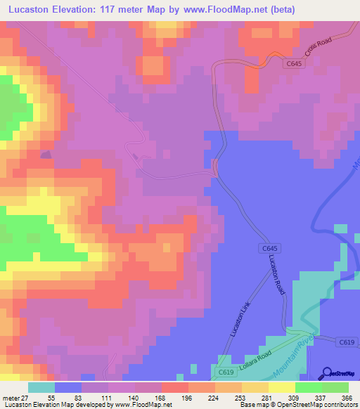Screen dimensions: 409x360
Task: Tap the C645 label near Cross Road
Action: tap(295, 64)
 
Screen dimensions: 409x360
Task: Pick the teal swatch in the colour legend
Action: tap(41, 387)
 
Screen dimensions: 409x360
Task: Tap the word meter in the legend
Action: tap(9, 397)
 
